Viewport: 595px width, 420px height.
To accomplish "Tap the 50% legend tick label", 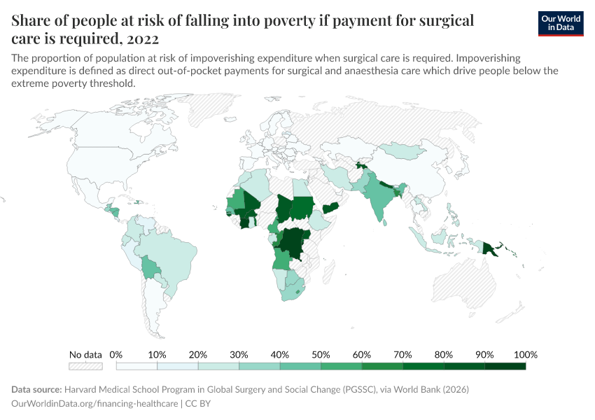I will coord(321,354).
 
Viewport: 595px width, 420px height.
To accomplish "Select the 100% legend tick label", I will coord(525,354).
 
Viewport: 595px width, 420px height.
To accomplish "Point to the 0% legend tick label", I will coord(116,354).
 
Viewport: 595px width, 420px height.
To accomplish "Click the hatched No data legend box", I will coord(85,365).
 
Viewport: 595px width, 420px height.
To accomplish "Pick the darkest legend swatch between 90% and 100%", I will coord(505,365).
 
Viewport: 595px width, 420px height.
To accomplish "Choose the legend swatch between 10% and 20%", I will coord(178,365).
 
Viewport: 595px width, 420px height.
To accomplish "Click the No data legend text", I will coord(85,354).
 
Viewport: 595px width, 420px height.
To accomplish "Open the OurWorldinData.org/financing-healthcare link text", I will coord(94,404).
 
